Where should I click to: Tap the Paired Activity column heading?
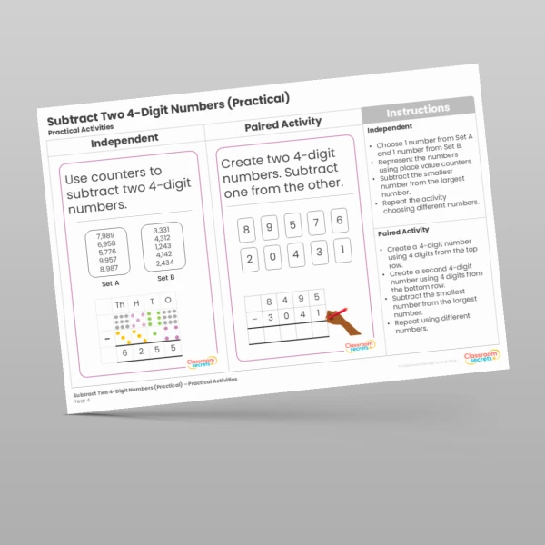point(282,124)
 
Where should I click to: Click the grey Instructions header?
point(418,110)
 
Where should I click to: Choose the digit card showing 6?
point(338,220)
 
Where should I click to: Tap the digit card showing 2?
point(247,260)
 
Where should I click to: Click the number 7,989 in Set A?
point(104,235)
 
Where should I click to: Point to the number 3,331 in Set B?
point(161,230)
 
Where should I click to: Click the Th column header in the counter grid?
point(120,304)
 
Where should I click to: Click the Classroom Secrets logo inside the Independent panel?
point(203,362)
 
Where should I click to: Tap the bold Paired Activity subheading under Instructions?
point(403,231)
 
